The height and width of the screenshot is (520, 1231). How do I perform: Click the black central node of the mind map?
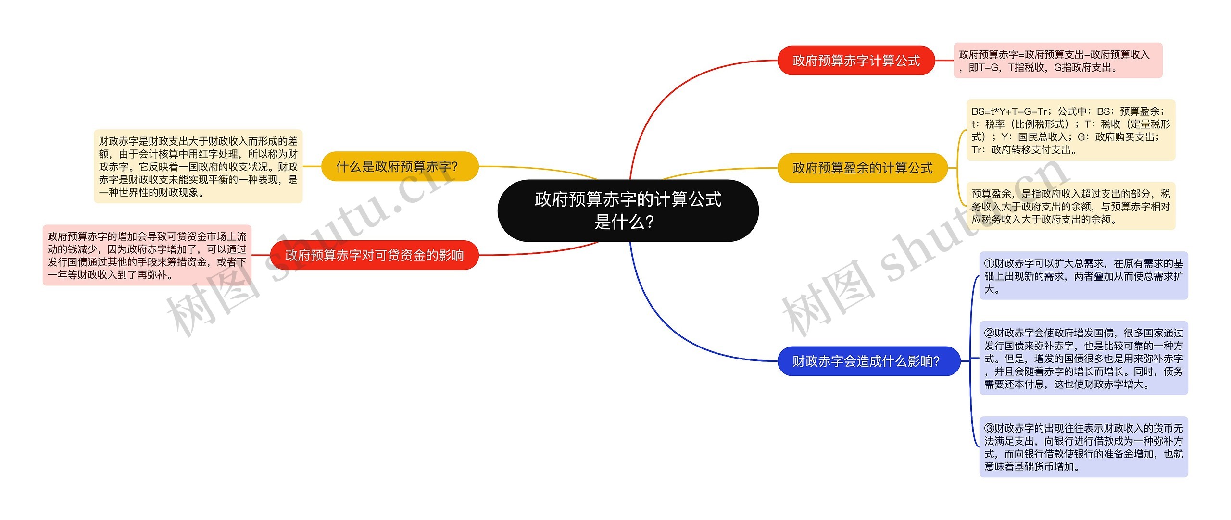point(628,210)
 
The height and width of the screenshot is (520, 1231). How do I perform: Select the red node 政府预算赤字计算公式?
point(856,61)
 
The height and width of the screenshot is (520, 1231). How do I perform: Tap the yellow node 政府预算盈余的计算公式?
point(862,168)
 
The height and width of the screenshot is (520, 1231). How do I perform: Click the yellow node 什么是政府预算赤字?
point(399,166)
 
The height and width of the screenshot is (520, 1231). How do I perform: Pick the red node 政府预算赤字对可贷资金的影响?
point(374,255)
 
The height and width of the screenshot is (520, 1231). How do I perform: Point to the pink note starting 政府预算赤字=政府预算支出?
point(1058,61)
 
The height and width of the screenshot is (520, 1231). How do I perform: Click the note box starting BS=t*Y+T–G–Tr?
point(1070,130)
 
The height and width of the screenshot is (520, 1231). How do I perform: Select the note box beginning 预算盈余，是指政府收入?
point(1070,206)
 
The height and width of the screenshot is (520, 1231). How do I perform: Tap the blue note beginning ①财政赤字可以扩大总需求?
point(1083,276)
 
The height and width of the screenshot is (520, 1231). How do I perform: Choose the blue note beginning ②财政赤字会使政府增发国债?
point(1083,358)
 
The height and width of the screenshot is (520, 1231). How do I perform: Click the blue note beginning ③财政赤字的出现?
point(1083,447)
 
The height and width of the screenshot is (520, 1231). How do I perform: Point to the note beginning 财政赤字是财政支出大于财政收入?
point(198,166)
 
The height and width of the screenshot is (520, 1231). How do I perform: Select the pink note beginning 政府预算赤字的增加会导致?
point(147,255)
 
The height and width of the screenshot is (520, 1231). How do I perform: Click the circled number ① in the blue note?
point(989,263)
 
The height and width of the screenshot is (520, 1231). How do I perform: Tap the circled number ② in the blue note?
point(989,333)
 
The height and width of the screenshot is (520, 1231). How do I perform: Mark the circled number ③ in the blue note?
point(989,428)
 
